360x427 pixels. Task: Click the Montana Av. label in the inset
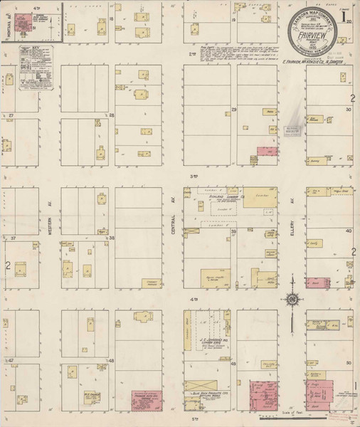click(x=5, y=28)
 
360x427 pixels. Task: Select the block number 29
click(x=233, y=110)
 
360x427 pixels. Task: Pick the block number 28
click(x=111, y=115)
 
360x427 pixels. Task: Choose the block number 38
click(x=111, y=237)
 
